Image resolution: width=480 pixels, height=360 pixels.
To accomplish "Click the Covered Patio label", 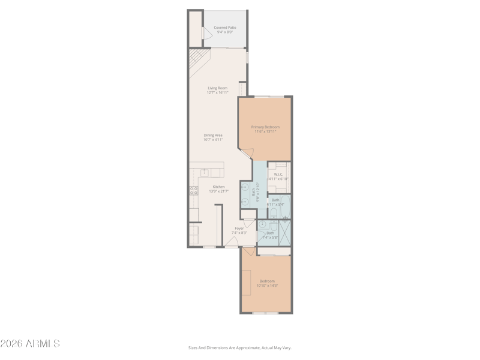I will click(225, 28).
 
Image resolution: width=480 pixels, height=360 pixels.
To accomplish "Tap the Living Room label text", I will click(218, 88).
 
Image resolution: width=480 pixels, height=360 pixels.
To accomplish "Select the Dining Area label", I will click(213, 136).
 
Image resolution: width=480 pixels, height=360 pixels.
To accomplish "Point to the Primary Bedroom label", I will click(265, 127).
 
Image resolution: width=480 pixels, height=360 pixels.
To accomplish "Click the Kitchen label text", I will click(218, 187).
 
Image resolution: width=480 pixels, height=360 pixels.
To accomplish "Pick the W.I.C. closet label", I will click(278, 175).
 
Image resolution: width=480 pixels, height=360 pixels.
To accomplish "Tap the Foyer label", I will click(239, 228).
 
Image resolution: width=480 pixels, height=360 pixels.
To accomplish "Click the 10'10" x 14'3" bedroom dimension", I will click(267, 286).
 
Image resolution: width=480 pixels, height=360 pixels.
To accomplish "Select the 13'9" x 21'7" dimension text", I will click(218, 191).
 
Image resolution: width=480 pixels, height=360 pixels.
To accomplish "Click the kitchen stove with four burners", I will click(194, 191).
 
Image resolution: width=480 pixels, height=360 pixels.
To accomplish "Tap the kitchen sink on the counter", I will click(205, 172).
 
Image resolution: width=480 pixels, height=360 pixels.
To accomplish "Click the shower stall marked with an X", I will click(285, 233).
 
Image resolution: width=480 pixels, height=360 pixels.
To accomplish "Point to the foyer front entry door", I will click(232, 242).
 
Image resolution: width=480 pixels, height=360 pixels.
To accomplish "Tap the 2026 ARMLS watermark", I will click(30, 344).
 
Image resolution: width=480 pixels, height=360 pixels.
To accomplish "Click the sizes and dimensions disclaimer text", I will click(239, 347).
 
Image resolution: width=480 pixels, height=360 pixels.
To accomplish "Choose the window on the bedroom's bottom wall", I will click(265, 313).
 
